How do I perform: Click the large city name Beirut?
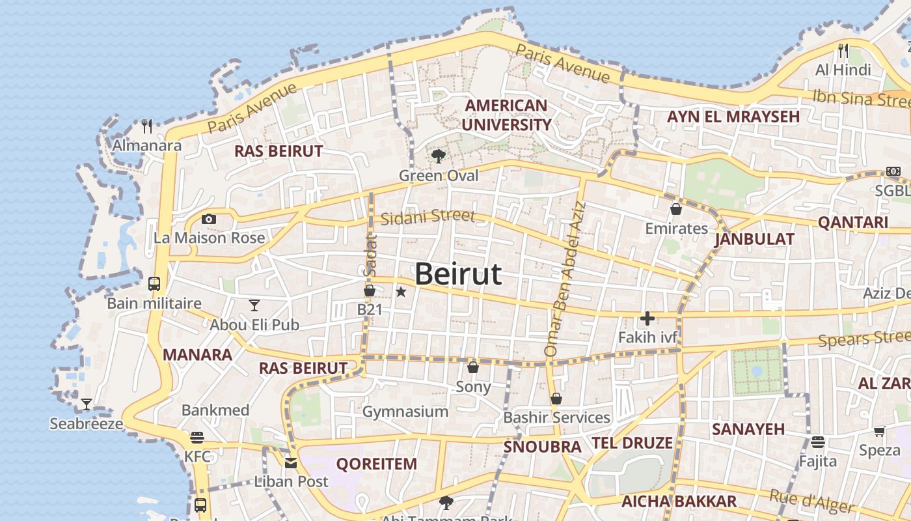[458, 274]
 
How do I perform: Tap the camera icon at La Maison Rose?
[209, 219]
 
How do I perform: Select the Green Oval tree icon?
[439, 156]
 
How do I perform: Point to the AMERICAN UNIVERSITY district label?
[506, 115]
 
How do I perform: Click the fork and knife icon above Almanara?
[147, 126]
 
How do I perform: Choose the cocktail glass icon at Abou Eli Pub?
[254, 305]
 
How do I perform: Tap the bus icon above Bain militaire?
[154, 284]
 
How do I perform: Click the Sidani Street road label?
[428, 217]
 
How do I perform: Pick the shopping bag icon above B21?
[370, 290]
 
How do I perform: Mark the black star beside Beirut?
[401, 292]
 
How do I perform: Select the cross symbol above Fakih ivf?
[647, 318]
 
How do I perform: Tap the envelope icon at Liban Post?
[291, 463]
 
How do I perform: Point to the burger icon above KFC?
[197, 437]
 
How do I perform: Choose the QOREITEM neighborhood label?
[376, 464]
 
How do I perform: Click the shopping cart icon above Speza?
[880, 431]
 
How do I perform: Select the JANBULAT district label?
[754, 239]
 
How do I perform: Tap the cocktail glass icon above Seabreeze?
[86, 404]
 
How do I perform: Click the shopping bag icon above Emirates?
[676, 209]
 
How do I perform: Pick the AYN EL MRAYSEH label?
[733, 117]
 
